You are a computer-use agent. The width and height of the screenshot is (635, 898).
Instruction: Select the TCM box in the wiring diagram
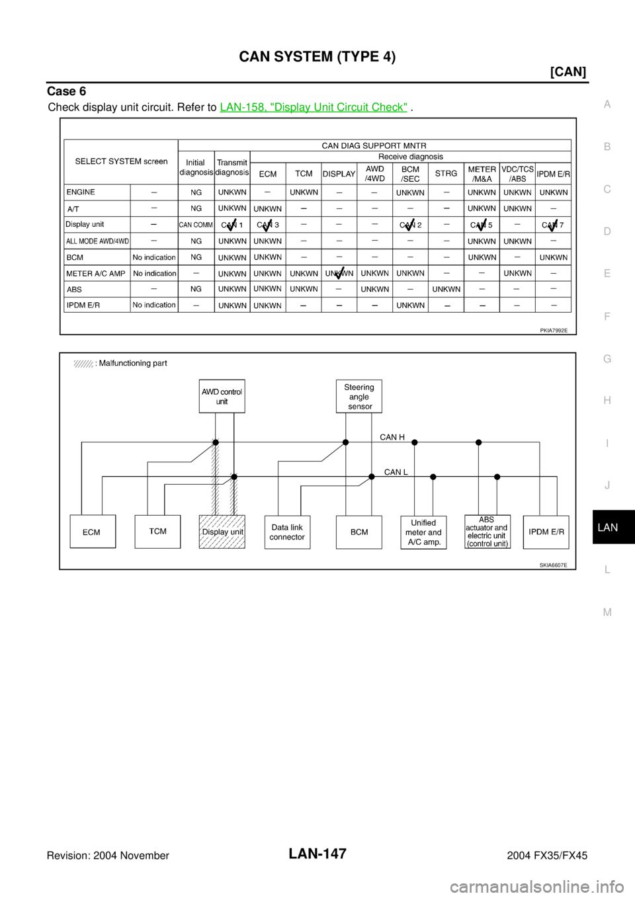157,532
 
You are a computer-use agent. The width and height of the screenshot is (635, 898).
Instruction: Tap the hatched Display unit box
222,532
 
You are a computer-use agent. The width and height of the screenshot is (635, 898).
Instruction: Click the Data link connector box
287,532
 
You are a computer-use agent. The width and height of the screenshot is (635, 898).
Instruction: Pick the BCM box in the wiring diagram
359,532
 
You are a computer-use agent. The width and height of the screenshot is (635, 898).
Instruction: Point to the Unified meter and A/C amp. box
423,532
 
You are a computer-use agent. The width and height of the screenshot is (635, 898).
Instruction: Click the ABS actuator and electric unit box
487,532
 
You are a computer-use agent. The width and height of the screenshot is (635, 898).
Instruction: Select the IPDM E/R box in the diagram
546,532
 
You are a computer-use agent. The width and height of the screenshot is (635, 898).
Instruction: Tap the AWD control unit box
222,396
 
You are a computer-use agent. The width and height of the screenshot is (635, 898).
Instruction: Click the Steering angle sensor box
359,397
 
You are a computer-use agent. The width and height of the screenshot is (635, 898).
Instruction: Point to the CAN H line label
392,437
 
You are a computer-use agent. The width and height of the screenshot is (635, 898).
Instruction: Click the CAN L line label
396,472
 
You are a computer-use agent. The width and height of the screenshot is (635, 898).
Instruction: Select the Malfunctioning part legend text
132,363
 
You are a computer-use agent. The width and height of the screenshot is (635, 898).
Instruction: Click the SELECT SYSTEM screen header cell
121,161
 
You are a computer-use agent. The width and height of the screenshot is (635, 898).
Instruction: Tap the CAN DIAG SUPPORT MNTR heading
374,145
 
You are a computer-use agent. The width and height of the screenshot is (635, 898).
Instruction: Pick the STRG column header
446,174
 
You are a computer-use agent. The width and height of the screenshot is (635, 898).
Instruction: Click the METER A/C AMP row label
95,273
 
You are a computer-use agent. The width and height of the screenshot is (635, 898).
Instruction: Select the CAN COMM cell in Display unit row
196,225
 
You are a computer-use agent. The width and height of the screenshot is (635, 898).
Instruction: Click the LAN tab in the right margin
607,528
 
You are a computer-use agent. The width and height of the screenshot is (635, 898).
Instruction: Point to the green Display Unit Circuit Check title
314,106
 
